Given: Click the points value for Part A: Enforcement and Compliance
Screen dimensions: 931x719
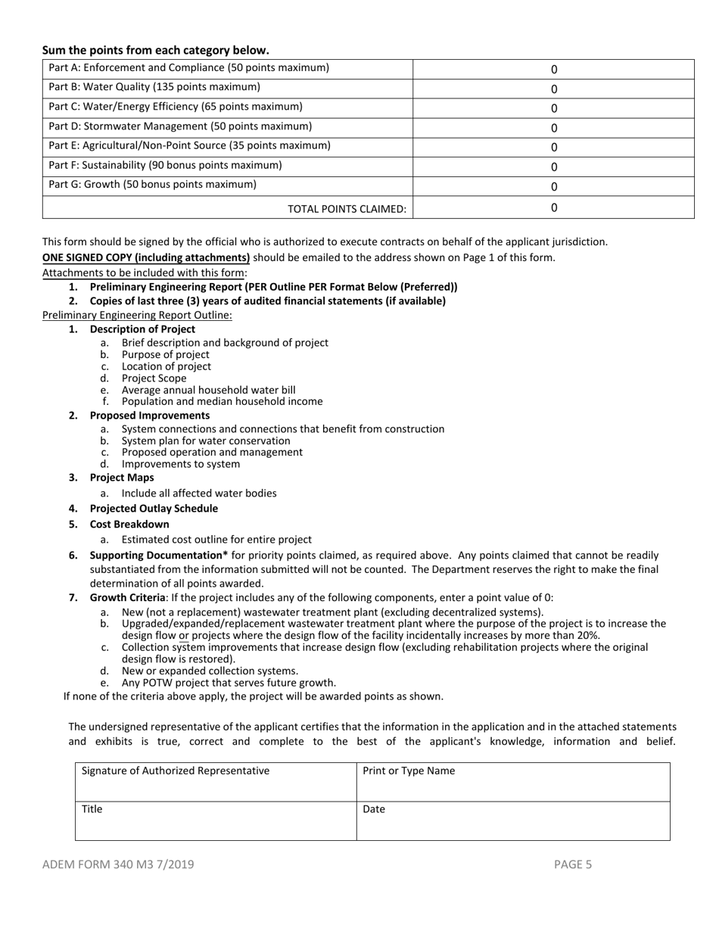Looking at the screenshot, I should [553, 69].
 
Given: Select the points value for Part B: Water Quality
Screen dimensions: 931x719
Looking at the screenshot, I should [553, 89].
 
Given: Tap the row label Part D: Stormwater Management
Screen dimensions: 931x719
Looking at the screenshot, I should [180, 126].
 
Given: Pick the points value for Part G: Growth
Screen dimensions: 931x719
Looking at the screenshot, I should [553, 187].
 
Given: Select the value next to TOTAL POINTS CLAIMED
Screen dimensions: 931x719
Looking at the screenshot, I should [553, 207].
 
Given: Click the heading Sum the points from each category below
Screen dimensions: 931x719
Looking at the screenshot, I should [155, 51].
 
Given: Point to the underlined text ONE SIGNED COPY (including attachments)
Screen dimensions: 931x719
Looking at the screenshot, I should [146, 257].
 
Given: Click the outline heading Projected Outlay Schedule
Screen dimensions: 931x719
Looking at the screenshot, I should [154, 509].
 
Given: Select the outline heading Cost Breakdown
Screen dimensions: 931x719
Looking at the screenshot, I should [129, 524].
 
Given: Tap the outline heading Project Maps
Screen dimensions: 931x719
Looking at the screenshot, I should [122, 478].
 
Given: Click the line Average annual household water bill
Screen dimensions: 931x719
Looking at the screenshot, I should [208, 390].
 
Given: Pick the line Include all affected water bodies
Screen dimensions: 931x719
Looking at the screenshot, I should [199, 494].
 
